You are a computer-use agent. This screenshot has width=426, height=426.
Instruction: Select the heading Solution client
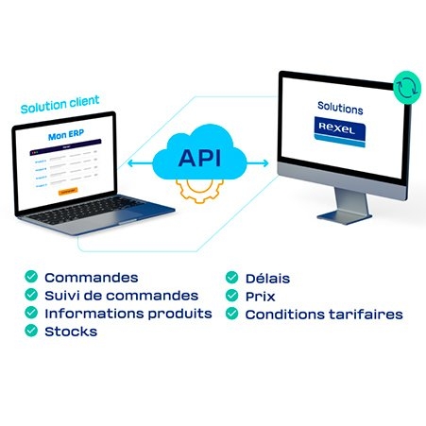(x=60, y=101)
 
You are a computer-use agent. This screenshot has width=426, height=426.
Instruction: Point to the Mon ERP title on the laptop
(x=68, y=137)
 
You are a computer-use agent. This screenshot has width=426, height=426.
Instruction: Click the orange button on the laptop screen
(x=68, y=191)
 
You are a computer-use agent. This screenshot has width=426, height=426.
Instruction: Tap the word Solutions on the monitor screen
(x=339, y=109)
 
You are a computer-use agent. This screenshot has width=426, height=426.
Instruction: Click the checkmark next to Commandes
(x=31, y=278)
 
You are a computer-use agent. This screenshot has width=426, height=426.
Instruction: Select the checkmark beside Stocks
(x=31, y=332)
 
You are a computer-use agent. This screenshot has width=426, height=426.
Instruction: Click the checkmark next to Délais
(x=231, y=278)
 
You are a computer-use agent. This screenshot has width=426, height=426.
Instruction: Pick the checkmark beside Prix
(x=231, y=296)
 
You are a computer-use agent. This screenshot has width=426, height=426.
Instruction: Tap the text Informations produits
(x=128, y=314)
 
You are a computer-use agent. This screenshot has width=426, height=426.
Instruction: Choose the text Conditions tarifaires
(x=324, y=314)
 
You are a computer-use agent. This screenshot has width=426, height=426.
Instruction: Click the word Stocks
(x=71, y=332)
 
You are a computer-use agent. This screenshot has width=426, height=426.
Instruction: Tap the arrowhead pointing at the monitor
(x=266, y=162)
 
